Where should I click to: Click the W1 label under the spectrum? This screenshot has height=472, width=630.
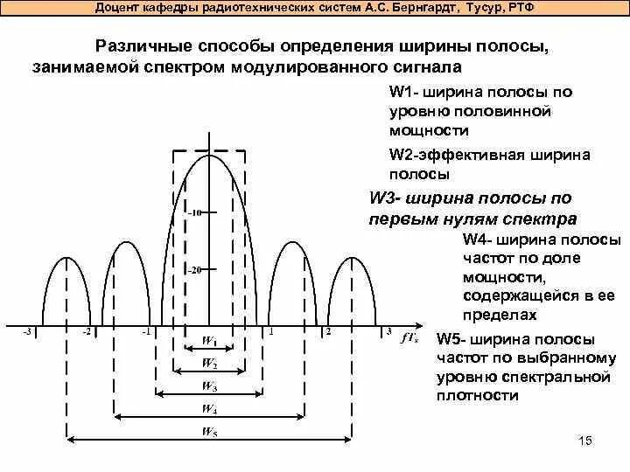[x=210, y=340]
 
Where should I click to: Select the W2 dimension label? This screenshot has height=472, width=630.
[x=210, y=362]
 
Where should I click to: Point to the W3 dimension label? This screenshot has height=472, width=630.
[x=210, y=385]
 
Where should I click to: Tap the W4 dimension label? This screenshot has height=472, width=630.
[x=210, y=408]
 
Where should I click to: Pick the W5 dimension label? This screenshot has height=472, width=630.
[x=210, y=431]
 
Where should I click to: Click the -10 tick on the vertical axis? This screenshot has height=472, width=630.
[x=195, y=212]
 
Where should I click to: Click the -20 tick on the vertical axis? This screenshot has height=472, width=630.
[x=195, y=270]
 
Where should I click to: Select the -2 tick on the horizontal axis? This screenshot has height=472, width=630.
[x=86, y=332]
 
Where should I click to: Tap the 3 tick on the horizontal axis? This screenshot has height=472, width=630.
[x=388, y=332]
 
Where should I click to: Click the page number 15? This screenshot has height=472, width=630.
[x=586, y=440]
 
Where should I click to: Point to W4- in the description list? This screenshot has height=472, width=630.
[x=479, y=239]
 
